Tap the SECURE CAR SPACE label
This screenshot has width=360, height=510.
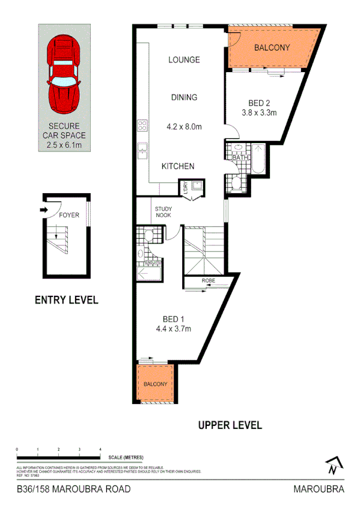coord(65,136)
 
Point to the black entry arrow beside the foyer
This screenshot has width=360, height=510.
coord(43,210)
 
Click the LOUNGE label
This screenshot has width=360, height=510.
coord(184,60)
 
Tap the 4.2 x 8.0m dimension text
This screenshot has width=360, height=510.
coord(184,127)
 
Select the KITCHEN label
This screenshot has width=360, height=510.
coord(177,166)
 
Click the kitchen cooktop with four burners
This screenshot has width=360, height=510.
coord(143,126)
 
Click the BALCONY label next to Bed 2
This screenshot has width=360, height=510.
coord(272,48)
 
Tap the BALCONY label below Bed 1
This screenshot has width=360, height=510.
coord(154,384)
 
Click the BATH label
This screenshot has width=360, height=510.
coord(240,158)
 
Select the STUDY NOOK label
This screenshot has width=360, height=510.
coord(163,212)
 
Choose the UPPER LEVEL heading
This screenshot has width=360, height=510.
coord(230,425)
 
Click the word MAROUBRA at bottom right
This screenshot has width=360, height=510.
coord(319,489)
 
